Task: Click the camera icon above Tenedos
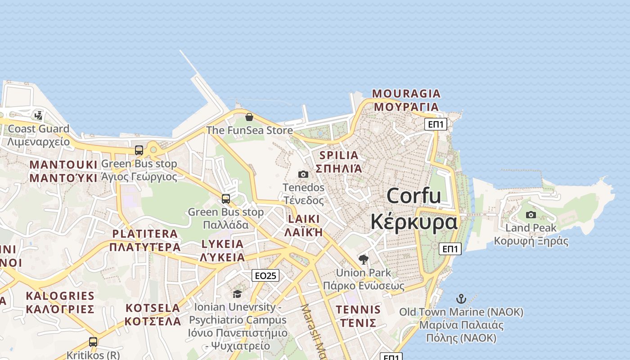click(303, 174)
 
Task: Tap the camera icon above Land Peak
click(531, 215)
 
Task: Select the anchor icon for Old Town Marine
click(461, 298)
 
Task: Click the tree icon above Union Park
click(364, 259)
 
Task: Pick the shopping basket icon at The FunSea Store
click(249, 117)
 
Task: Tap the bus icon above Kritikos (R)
click(93, 342)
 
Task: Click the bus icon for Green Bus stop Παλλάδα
click(226, 198)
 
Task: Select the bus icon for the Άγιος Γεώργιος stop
click(139, 150)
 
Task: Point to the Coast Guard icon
click(39, 115)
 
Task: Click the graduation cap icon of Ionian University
click(237, 294)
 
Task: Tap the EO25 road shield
click(265, 275)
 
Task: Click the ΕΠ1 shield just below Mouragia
click(436, 124)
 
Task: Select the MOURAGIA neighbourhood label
click(406, 94)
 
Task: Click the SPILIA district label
click(339, 156)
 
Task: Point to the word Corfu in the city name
click(414, 196)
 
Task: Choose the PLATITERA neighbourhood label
click(145, 234)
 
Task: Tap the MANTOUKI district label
click(63, 165)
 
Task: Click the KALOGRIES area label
click(60, 296)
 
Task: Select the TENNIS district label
click(358, 310)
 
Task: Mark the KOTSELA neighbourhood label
click(153, 308)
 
